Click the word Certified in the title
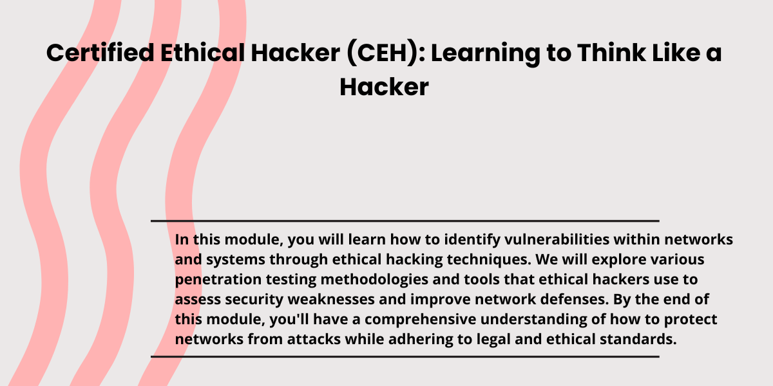click(x=100, y=53)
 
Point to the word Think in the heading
click(x=611, y=53)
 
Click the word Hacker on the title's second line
click(x=384, y=87)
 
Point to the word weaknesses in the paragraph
click(x=331, y=300)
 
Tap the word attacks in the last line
click(x=314, y=340)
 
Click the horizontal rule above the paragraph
click(x=405, y=221)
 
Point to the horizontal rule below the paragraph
click(x=405, y=356)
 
